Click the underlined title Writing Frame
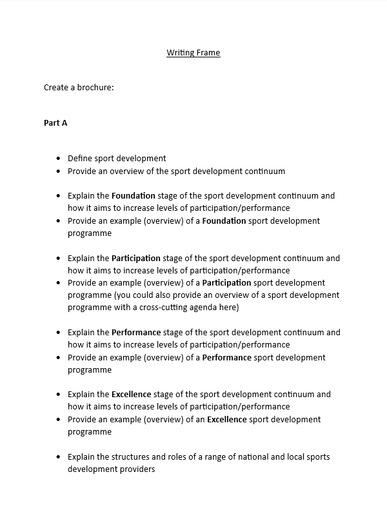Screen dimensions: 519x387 (193, 53)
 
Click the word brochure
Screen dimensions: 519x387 (95, 88)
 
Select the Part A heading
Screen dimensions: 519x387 (55, 122)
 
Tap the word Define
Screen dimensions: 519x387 (80, 159)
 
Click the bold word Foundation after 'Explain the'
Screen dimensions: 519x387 (133, 196)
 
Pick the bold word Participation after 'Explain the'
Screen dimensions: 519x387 (135, 259)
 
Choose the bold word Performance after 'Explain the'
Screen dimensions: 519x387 (136, 333)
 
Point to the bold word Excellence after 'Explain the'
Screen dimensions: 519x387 (131, 395)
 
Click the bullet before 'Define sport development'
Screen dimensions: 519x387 (59, 159)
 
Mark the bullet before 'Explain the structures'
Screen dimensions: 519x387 (59, 457)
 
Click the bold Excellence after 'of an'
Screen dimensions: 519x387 (226, 420)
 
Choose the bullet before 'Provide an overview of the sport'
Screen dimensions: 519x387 (59, 171)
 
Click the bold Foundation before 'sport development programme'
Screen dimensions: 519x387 (224, 221)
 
